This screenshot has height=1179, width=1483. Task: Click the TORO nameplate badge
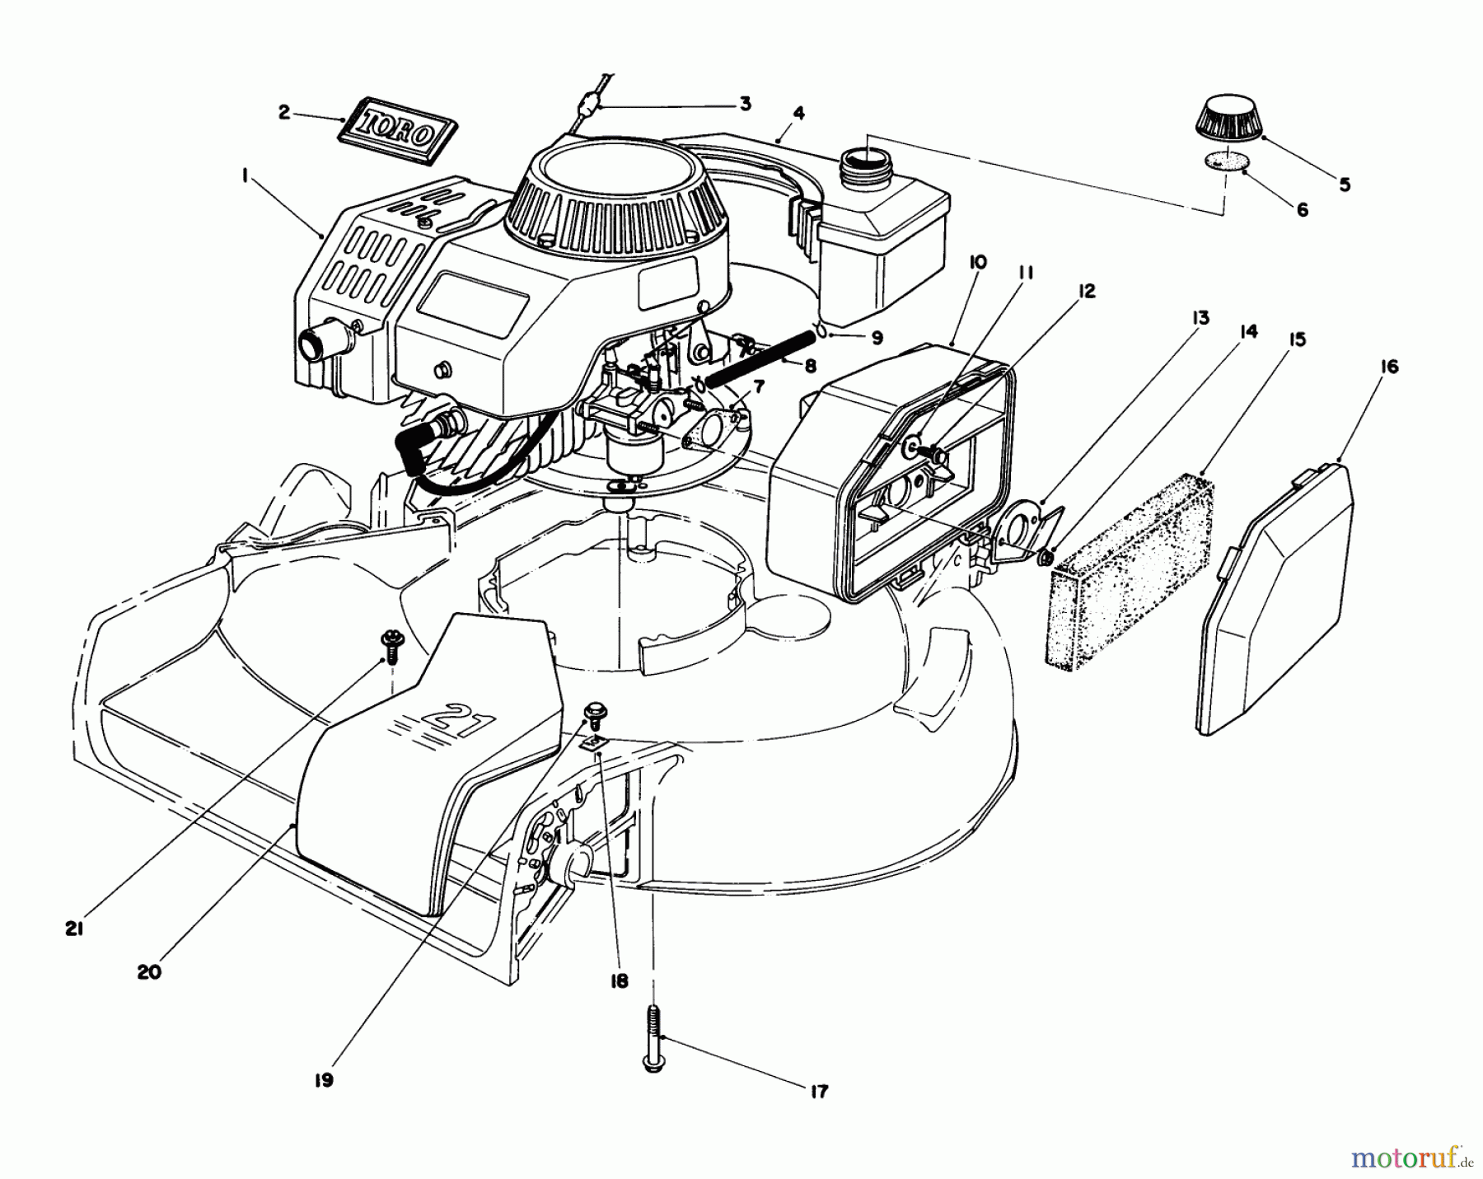pyautogui.click(x=398, y=126)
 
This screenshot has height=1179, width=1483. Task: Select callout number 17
pyautogui.click(x=820, y=1092)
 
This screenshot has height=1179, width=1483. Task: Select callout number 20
pyautogui.click(x=148, y=971)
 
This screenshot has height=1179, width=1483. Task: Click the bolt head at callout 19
pyautogui.click(x=592, y=710)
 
